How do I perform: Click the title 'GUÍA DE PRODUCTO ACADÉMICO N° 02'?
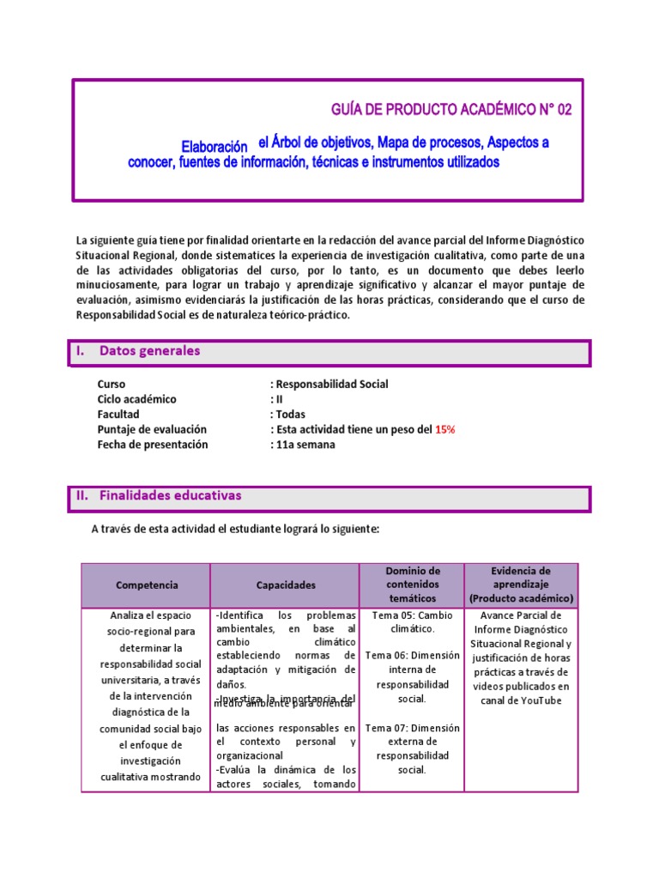(x=450, y=110)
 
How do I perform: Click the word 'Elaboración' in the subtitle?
(x=214, y=145)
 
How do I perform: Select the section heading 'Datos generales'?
(x=149, y=351)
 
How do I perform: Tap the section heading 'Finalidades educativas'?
(x=170, y=496)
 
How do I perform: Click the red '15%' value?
(x=444, y=429)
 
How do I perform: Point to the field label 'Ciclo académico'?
(x=136, y=399)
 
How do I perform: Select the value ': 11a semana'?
(x=303, y=445)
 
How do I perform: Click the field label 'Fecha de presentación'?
(x=153, y=445)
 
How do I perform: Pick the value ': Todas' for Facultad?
(x=287, y=415)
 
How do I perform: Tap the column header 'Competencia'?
(x=147, y=585)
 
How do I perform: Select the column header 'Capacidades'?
(x=286, y=585)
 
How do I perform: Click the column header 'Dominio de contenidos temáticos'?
(x=413, y=585)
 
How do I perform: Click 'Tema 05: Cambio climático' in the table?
(x=413, y=622)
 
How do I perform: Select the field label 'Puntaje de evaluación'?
(x=152, y=429)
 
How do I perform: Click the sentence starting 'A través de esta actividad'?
(x=234, y=530)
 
